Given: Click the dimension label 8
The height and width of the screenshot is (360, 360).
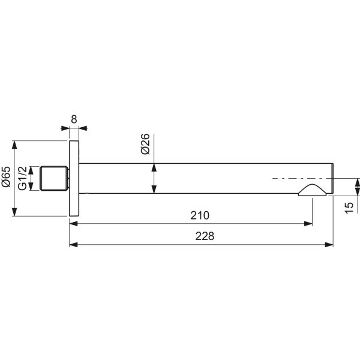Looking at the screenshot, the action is (x=74, y=119).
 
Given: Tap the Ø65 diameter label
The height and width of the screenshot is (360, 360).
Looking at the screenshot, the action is (x=6, y=177).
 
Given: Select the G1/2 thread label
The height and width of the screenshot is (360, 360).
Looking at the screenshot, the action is (x=23, y=178).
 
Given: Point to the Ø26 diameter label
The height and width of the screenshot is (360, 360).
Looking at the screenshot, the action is (x=145, y=144).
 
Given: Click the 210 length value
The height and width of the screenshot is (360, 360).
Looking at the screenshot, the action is (x=200, y=215).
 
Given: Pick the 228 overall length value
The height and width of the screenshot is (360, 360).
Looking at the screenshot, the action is (x=205, y=236).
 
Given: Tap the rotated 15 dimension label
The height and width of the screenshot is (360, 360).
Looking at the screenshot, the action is (x=349, y=208).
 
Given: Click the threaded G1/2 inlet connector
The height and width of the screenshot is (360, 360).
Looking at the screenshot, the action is (x=55, y=178).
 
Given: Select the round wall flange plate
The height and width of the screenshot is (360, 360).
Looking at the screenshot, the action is (x=74, y=178).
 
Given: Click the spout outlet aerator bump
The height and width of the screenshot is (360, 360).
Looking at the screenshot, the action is (x=312, y=190).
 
